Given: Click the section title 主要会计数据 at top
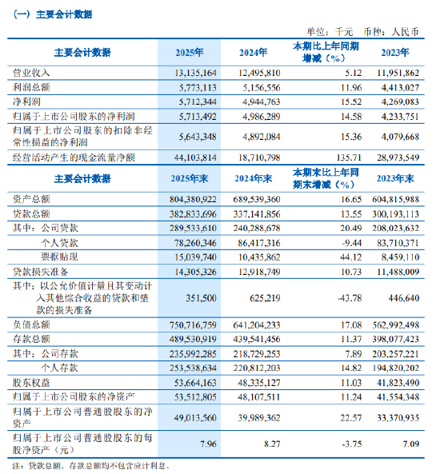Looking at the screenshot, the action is (x=54, y=15).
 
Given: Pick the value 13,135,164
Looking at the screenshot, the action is (x=196, y=72).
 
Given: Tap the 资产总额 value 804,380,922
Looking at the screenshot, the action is (x=193, y=197).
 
